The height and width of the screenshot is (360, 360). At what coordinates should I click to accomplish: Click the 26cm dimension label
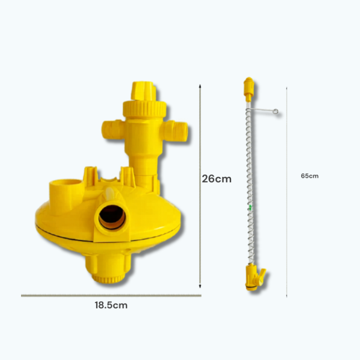217,179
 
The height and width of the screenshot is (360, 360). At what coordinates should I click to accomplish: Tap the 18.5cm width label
111,305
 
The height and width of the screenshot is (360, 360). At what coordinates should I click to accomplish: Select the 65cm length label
310,176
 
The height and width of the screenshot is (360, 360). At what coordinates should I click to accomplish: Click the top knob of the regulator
143,91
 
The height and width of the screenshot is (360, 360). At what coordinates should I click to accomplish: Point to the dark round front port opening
112,217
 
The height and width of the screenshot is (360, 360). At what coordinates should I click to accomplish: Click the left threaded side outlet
113,130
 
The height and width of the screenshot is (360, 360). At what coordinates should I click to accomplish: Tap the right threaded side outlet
175,131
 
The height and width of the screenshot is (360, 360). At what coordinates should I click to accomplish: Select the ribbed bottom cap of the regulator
109,278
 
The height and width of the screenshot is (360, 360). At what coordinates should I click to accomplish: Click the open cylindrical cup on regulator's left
65,192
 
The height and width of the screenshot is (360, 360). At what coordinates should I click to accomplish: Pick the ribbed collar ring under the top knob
145,109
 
